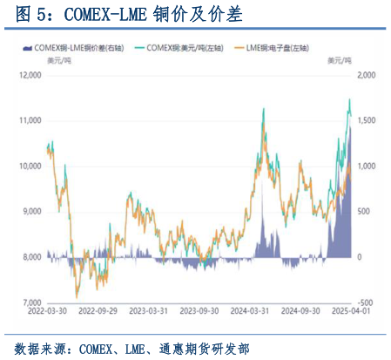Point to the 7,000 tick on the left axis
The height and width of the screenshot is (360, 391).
(30, 302)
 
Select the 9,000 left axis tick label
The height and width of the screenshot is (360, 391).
(30, 212)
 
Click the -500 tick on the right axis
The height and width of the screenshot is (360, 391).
(365, 302)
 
